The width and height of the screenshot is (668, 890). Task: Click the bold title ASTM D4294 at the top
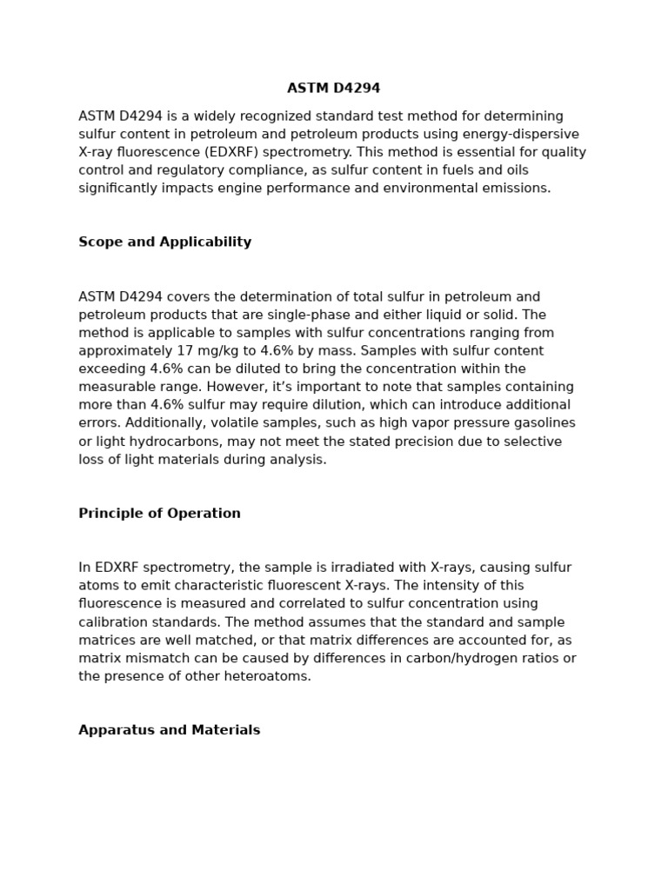pos(333,89)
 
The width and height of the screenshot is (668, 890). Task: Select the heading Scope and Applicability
pos(164,242)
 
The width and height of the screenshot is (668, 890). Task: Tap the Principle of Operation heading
pos(159,514)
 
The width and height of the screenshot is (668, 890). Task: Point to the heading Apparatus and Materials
pos(169,730)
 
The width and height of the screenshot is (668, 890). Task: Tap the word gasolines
pos(543,423)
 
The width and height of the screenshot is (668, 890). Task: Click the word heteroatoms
pos(267,676)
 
